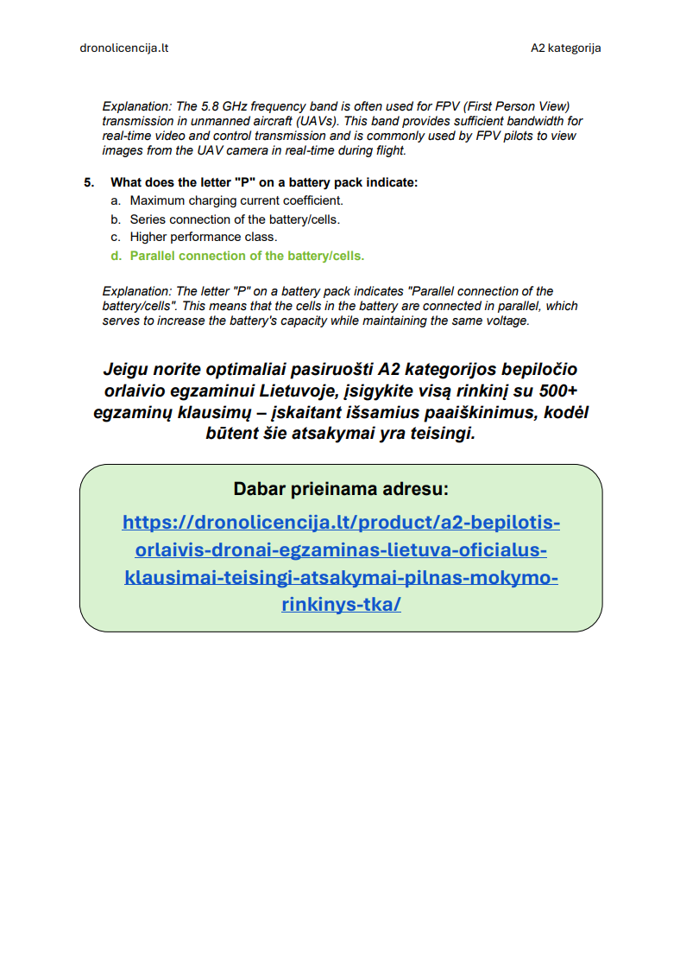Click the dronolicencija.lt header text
click(x=123, y=48)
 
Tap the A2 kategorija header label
click(x=565, y=48)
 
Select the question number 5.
click(x=89, y=182)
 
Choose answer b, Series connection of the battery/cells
click(x=235, y=219)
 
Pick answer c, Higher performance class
click(x=204, y=237)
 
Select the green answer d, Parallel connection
click(x=247, y=256)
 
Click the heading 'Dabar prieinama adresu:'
click(x=340, y=489)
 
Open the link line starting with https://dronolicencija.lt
click(x=341, y=522)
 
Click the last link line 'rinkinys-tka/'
click(x=341, y=604)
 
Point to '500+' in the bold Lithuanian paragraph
click(x=556, y=390)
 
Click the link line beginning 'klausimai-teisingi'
click(x=341, y=576)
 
